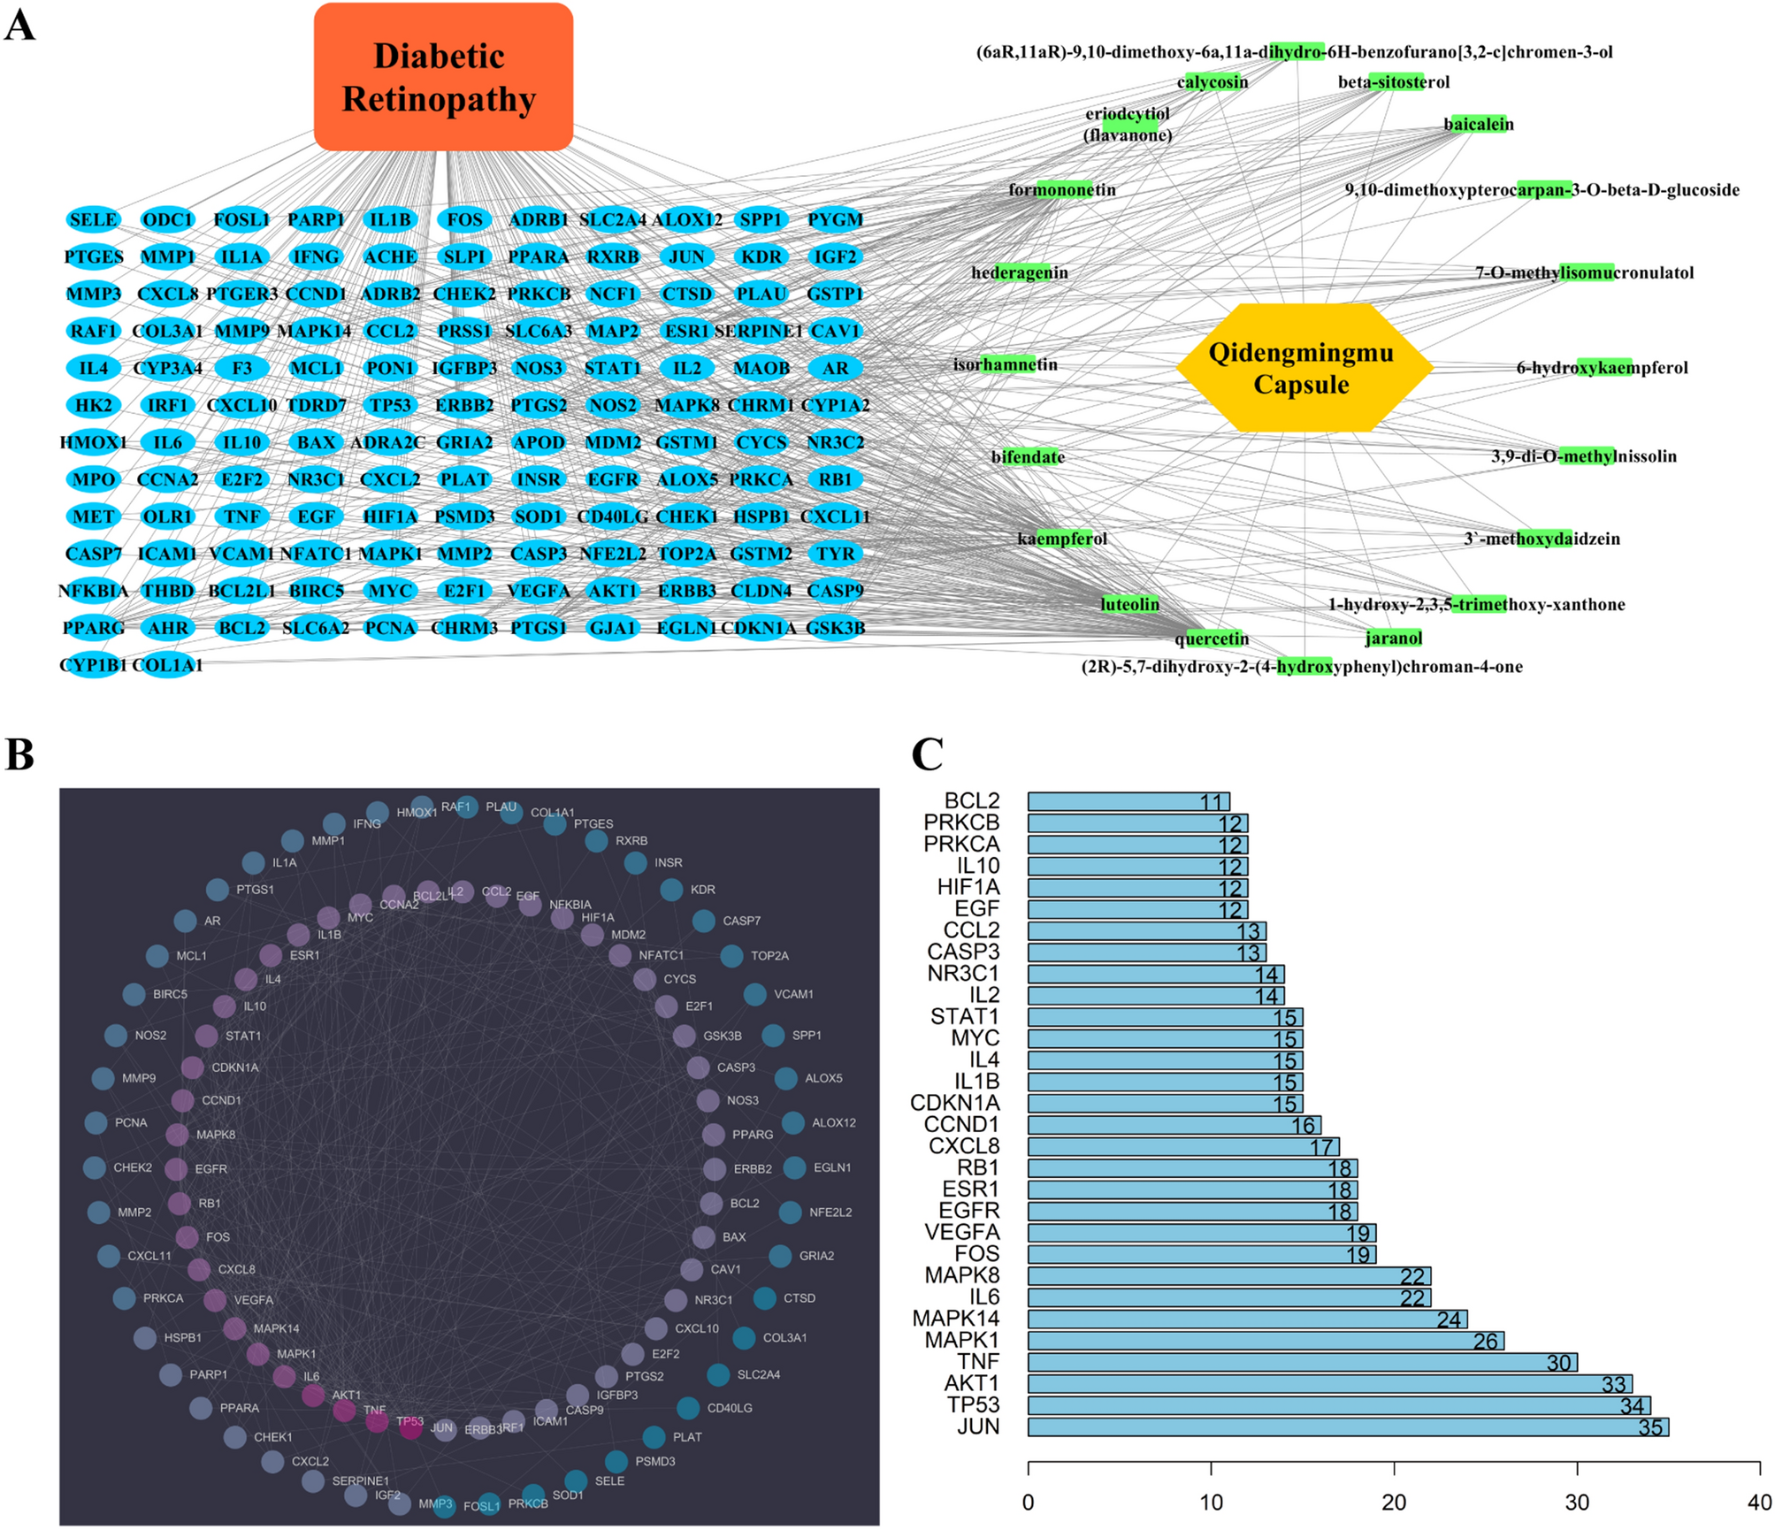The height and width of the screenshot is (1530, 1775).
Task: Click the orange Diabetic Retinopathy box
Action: point(443,77)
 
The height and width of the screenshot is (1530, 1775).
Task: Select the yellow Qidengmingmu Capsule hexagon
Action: point(1302,368)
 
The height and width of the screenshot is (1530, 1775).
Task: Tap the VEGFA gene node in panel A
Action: point(539,591)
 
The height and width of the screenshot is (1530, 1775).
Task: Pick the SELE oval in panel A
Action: point(93,219)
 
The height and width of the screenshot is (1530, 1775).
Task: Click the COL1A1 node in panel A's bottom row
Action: point(168,665)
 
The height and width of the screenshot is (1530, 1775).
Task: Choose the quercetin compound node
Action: point(1212,639)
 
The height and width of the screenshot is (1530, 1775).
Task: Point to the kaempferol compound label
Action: point(1061,539)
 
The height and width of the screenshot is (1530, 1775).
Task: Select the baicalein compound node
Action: point(1478,125)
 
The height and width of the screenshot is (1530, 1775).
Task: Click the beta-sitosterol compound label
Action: point(1394,82)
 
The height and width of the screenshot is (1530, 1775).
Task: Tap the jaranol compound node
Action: point(1394,638)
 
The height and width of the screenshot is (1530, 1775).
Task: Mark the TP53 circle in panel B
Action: point(410,1427)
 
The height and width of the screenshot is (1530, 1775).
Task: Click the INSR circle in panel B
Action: point(636,862)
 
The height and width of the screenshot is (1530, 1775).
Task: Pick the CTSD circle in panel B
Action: point(765,1298)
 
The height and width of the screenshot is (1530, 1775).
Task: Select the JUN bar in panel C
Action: point(1347,1427)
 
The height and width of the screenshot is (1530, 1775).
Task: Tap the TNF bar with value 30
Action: point(1302,1362)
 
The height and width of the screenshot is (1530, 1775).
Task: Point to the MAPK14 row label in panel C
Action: point(956,1319)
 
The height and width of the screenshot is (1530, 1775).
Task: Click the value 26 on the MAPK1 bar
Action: point(1486,1341)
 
